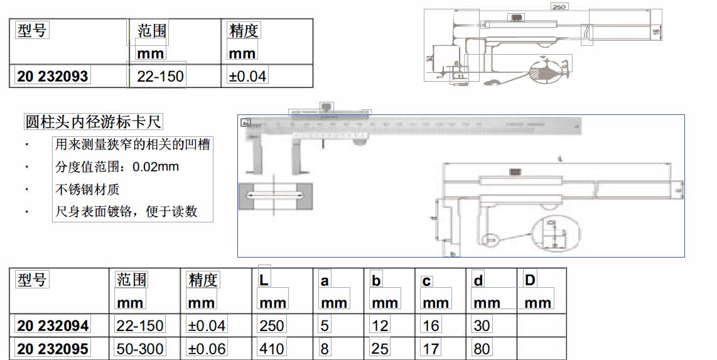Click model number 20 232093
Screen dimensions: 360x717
point(53,77)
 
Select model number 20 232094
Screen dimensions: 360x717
point(53,325)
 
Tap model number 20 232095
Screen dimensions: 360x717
point(53,349)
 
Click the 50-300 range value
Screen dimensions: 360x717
point(140,349)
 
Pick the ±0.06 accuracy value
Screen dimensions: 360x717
point(207,349)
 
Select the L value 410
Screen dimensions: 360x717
point(272,349)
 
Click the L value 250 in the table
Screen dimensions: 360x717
point(272,325)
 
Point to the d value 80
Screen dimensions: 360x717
point(482,349)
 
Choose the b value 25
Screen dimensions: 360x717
point(380,349)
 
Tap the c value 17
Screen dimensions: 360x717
point(431,349)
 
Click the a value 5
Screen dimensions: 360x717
point(325,325)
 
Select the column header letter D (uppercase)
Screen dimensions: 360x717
point(530,280)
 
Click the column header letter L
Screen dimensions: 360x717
point(264,280)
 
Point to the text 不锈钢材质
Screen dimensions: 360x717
point(87,189)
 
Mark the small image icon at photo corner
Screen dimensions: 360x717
point(245,123)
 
